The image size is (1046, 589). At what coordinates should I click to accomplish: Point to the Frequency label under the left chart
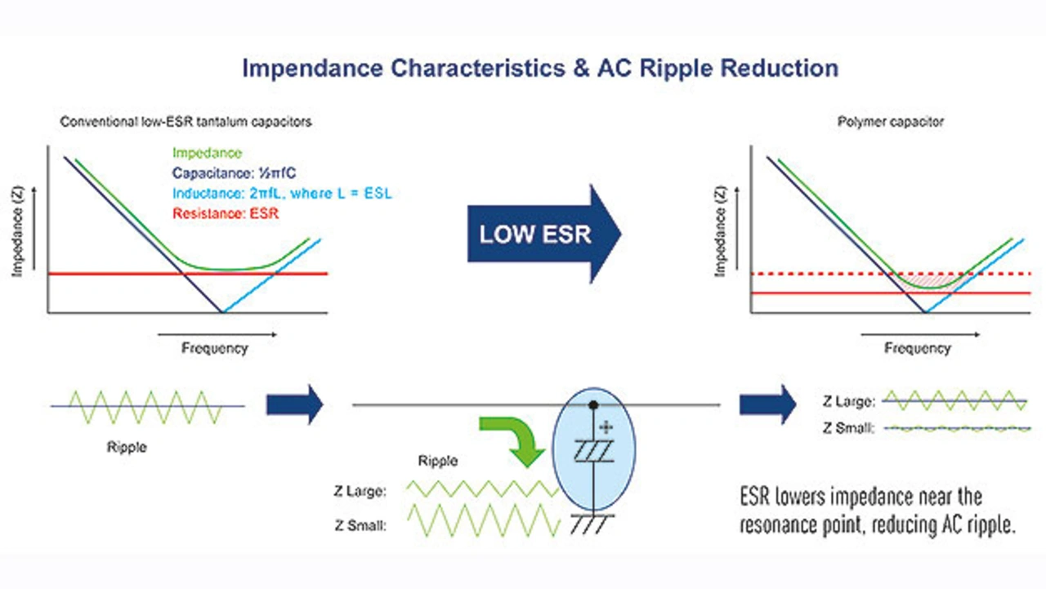[x=214, y=348]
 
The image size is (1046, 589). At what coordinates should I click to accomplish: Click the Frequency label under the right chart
[x=918, y=348]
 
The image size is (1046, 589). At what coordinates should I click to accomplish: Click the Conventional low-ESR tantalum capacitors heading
[x=186, y=122]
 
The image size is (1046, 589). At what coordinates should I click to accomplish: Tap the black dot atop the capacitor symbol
[x=594, y=404]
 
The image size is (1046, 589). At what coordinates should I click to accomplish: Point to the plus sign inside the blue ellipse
[x=606, y=427]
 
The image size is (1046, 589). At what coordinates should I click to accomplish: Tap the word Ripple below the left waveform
[x=127, y=448]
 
